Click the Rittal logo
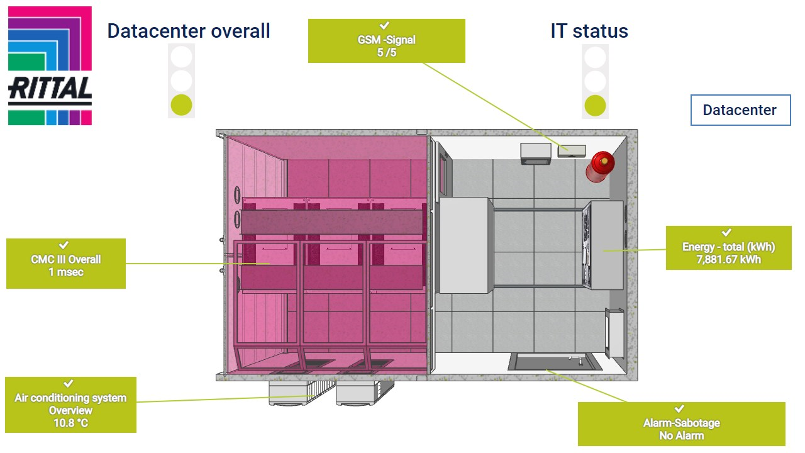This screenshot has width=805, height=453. [50, 66]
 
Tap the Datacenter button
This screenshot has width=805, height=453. [740, 110]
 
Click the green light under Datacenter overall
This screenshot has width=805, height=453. [181, 104]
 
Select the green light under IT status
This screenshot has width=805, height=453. [595, 104]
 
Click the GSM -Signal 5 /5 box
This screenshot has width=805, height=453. [386, 41]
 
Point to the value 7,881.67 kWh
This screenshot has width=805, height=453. [728, 260]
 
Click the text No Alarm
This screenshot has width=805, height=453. [681, 435]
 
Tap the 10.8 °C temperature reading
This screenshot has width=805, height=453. [70, 423]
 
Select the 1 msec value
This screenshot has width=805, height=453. [66, 272]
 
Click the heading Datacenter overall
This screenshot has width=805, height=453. [189, 31]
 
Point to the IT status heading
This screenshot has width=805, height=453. [589, 31]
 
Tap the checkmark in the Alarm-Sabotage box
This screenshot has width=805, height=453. [679, 409]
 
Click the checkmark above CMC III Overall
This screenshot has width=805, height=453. [64, 245]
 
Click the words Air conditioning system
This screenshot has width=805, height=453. [70, 398]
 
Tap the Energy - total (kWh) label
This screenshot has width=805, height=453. [728, 247]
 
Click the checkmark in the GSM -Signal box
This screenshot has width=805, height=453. [386, 26]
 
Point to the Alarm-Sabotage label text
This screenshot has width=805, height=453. [681, 423]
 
